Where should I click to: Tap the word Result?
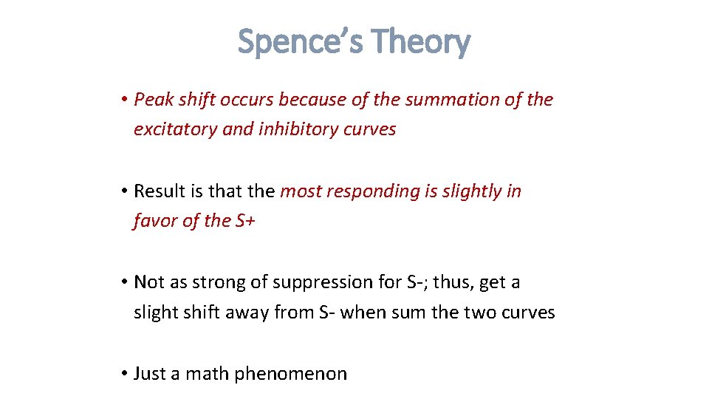(158, 191)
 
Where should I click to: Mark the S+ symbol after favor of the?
(243, 221)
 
